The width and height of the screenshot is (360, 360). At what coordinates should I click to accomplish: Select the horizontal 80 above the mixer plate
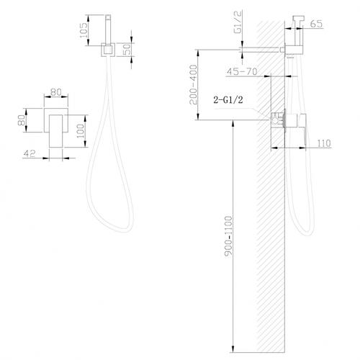(x=55, y=93)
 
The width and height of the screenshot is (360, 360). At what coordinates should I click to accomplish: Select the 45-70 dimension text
(x=242, y=72)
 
